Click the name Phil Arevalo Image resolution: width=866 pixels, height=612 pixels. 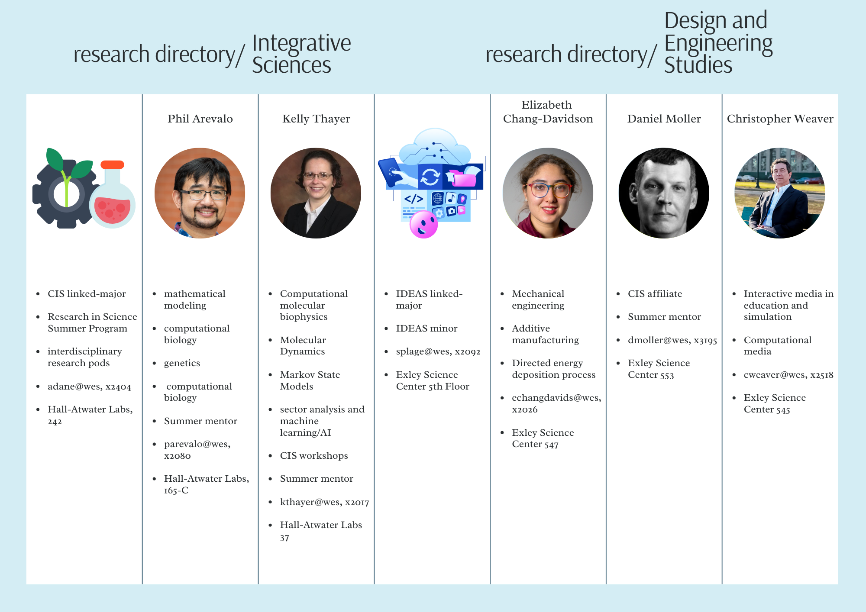pyautogui.click(x=200, y=119)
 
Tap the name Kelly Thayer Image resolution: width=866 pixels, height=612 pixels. pyautogui.click(x=316, y=119)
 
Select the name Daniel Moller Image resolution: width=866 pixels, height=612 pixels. pyautogui.click(x=664, y=119)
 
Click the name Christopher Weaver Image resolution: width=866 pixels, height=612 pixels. pyautogui.click(x=780, y=119)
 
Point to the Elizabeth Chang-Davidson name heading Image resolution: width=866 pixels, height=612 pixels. pyautogui.click(x=548, y=112)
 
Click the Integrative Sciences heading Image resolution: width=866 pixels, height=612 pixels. pyautogui.click(x=301, y=54)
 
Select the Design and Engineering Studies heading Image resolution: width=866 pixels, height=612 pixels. pyautogui.click(x=718, y=42)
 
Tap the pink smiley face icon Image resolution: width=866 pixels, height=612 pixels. pyautogui.click(x=423, y=225)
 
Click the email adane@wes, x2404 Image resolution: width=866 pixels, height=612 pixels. pyautogui.click(x=89, y=387)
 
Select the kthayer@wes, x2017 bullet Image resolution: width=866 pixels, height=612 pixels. pyautogui.click(x=324, y=502)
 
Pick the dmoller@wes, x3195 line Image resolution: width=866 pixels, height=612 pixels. pyautogui.click(x=672, y=340)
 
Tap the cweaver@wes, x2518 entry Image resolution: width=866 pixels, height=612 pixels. pyautogui.click(x=788, y=375)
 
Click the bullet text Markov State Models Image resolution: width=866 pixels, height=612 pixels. pyautogui.click(x=310, y=380)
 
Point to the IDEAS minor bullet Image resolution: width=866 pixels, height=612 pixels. pyautogui.click(x=427, y=329)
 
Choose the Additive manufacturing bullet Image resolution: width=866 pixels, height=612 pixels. pyautogui.click(x=545, y=334)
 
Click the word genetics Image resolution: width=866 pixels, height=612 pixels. pyautogui.click(x=182, y=364)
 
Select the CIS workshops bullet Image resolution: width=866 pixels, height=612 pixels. pyautogui.click(x=314, y=456)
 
